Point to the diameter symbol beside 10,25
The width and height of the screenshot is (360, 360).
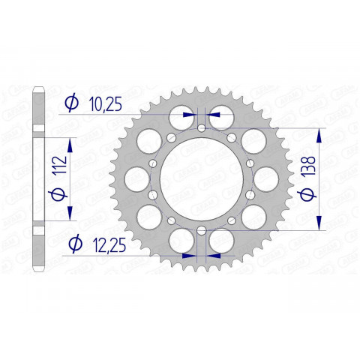click(72, 104)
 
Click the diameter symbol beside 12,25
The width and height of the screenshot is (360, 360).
click(73, 244)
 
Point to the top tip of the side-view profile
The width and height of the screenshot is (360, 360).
click(38, 91)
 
